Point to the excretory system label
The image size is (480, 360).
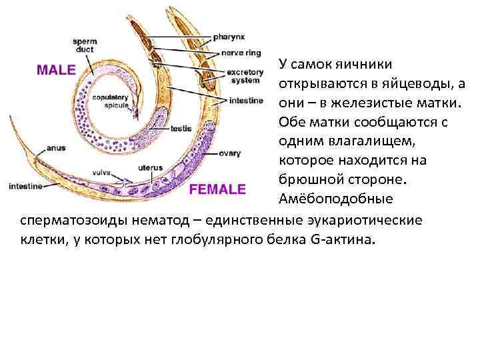pyautogui.click(x=245, y=75)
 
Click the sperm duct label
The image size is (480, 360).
pyautogui.click(x=85, y=45)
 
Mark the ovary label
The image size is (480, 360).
pyautogui.click(x=229, y=153)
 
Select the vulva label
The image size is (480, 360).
pyautogui.click(x=102, y=172)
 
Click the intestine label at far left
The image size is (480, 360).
pyautogui.click(x=25, y=186)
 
